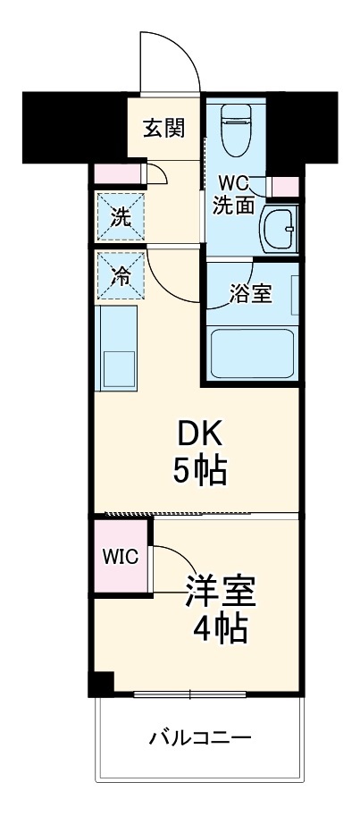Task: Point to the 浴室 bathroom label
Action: pos(251,294)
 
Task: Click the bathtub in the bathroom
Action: pos(252,351)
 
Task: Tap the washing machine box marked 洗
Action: pos(120,215)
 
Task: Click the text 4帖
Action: pos(221,630)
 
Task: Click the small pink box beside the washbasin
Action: pos(284,187)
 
